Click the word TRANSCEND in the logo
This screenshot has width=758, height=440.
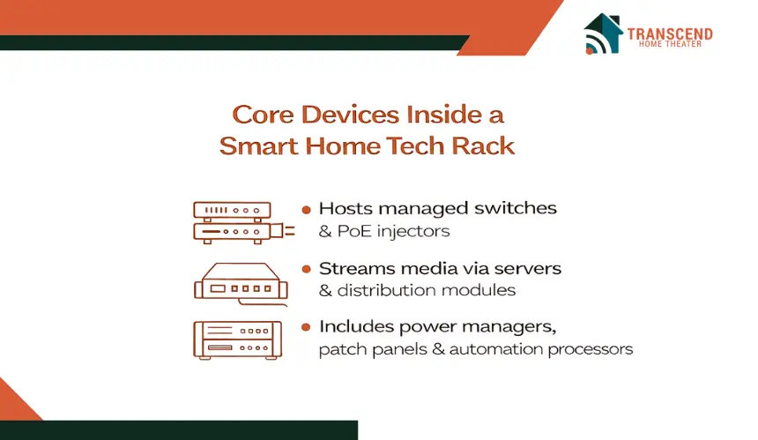pyautogui.click(x=670, y=34)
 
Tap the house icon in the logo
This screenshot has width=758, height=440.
pyautogui.click(x=602, y=34)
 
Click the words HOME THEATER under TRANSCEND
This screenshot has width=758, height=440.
pyautogui.click(x=670, y=44)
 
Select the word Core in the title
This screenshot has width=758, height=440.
pyautogui.click(x=263, y=115)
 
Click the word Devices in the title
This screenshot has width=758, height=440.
pyautogui.click(x=351, y=115)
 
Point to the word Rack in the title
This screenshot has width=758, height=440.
pyautogui.click(x=483, y=145)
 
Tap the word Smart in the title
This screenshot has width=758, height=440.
pyautogui.click(x=258, y=146)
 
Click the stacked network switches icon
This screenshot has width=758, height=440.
pyautogui.click(x=243, y=222)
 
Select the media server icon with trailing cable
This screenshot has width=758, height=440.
pyautogui.click(x=241, y=284)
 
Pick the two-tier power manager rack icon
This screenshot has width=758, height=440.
pyautogui.click(x=237, y=340)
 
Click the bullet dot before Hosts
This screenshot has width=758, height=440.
pyautogui.click(x=306, y=210)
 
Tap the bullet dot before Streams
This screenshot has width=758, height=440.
pyautogui.click(x=306, y=269)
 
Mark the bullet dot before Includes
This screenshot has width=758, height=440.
pyautogui.click(x=306, y=327)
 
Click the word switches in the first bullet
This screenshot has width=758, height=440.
pyautogui.click(x=515, y=208)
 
